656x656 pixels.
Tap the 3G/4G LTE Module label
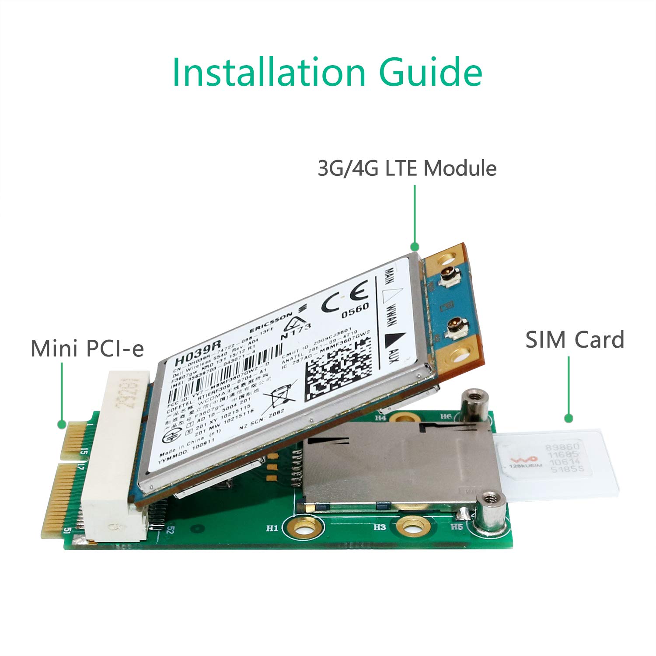tap(407, 168)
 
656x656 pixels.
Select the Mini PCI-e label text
tap(87, 348)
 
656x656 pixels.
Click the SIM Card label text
tap(575, 340)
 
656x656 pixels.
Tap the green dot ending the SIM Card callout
tap(568, 419)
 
